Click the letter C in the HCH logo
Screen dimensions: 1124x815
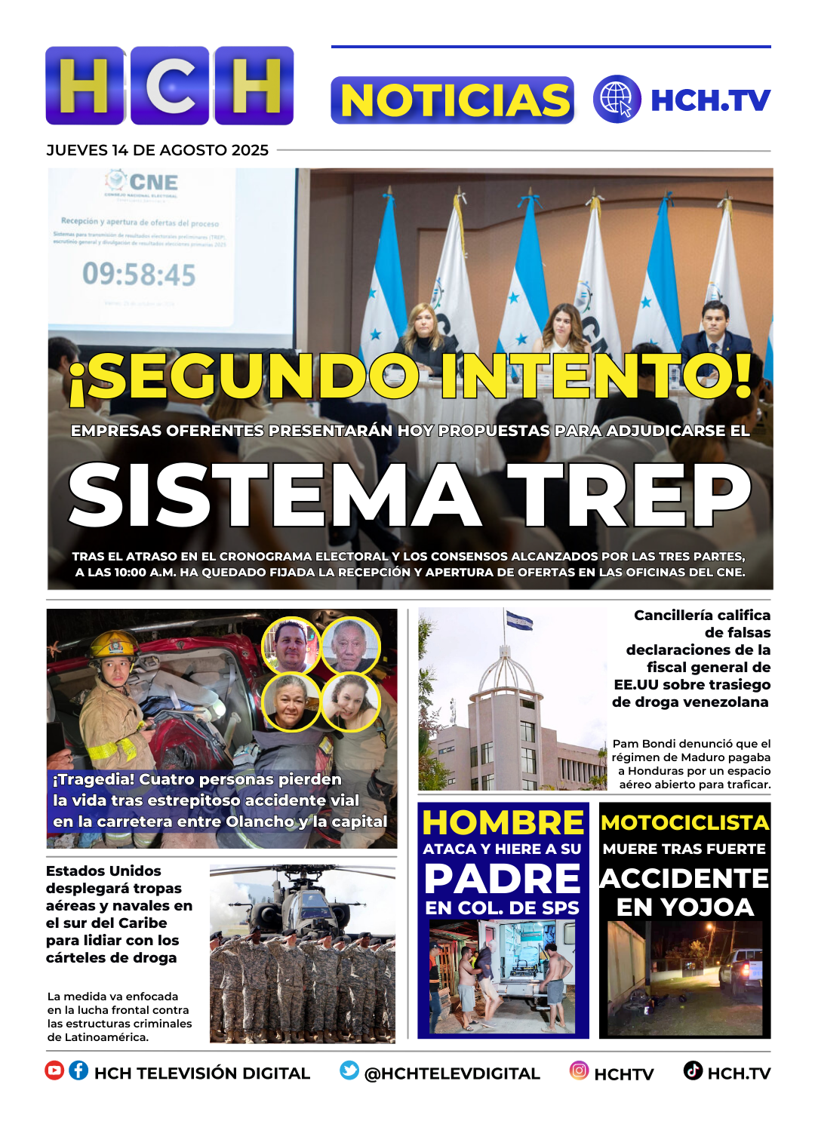(170, 86)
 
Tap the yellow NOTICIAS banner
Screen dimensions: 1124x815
(452, 100)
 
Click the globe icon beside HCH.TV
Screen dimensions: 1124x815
(617, 99)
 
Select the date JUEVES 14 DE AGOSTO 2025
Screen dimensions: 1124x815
(157, 150)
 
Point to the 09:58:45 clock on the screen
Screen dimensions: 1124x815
(139, 275)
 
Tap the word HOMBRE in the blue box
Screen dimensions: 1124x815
(503, 822)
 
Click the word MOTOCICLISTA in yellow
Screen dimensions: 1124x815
(684, 822)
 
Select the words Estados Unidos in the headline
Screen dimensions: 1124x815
(103, 871)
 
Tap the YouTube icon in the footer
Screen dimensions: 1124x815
(54, 1070)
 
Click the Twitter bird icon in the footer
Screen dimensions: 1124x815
(349, 1070)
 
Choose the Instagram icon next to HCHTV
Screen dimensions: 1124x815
(579, 1070)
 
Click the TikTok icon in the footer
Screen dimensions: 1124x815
(693, 1070)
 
